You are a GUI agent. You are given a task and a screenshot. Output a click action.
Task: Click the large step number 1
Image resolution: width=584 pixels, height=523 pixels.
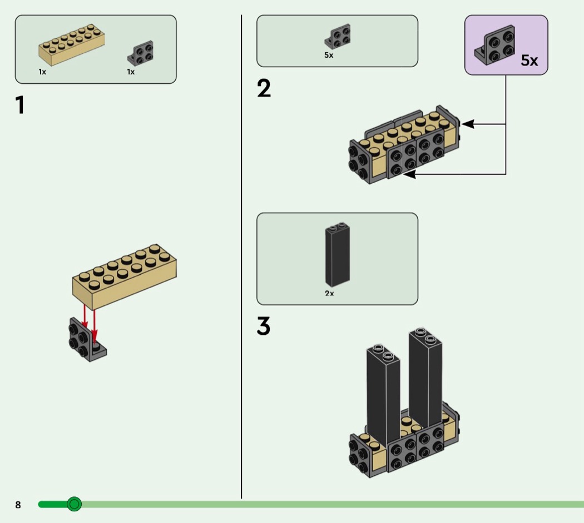(20, 105)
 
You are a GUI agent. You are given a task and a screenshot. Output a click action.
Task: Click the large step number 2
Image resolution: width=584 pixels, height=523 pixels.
(264, 89)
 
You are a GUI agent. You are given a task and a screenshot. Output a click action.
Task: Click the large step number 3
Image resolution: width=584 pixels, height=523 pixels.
(264, 326)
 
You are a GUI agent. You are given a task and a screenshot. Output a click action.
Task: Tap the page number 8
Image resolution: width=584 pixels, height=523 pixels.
(18, 505)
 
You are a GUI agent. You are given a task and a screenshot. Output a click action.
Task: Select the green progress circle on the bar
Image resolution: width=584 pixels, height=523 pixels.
(74, 504)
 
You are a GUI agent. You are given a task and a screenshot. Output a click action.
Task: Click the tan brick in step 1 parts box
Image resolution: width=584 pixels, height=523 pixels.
(71, 44)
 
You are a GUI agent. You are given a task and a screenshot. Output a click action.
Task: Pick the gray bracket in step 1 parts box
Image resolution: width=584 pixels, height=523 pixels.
(141, 52)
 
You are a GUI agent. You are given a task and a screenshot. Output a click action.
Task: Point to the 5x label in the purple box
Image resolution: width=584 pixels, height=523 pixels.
(529, 61)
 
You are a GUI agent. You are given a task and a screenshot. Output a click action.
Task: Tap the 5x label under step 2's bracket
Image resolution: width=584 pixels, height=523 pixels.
(329, 56)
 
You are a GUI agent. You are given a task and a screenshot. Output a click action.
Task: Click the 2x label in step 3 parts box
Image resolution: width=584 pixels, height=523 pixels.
(329, 293)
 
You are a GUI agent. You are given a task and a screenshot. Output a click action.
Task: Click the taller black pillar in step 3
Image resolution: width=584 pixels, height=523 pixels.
(425, 378)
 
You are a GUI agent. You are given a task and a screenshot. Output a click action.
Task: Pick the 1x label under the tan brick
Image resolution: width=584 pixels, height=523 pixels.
(42, 72)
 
